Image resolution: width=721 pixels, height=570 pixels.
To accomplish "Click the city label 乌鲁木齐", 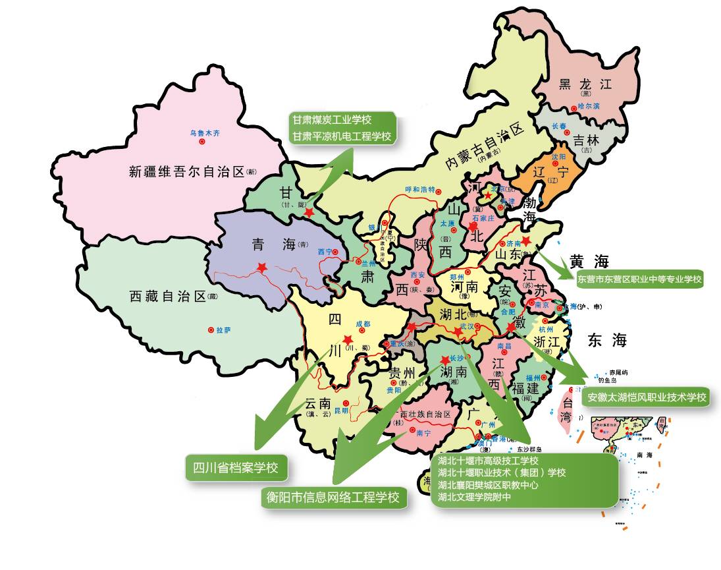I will click(205, 132).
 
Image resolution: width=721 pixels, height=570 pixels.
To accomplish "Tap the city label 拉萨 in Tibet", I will click(224, 329).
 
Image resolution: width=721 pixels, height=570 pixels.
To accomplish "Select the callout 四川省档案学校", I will click(236, 469).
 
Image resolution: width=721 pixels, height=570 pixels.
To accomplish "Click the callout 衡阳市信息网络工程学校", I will click(333, 497).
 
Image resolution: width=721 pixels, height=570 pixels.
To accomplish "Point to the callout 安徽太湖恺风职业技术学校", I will click(647, 397).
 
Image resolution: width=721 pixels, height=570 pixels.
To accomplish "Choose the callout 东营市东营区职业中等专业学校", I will click(640, 279).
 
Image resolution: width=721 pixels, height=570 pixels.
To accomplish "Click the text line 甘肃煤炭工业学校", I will click(333, 120).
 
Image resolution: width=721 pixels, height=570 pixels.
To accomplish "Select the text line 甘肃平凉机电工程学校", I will click(342, 136).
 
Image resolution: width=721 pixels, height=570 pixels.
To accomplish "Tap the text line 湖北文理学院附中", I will click(474, 496).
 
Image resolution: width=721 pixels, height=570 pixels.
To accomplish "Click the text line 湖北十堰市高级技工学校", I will click(488, 460).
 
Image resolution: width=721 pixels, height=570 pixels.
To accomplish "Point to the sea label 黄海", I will click(586, 260).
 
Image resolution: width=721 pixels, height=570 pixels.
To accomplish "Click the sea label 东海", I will click(608, 340).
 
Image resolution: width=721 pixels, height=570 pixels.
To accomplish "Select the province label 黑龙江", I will click(585, 84).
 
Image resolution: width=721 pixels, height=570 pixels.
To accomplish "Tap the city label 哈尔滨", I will click(589, 105).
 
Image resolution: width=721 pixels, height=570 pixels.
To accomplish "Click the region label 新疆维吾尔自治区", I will click(186, 173).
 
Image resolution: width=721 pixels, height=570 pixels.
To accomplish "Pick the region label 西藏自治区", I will click(169, 297).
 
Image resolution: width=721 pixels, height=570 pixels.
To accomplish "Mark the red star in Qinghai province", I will click(262, 268).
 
